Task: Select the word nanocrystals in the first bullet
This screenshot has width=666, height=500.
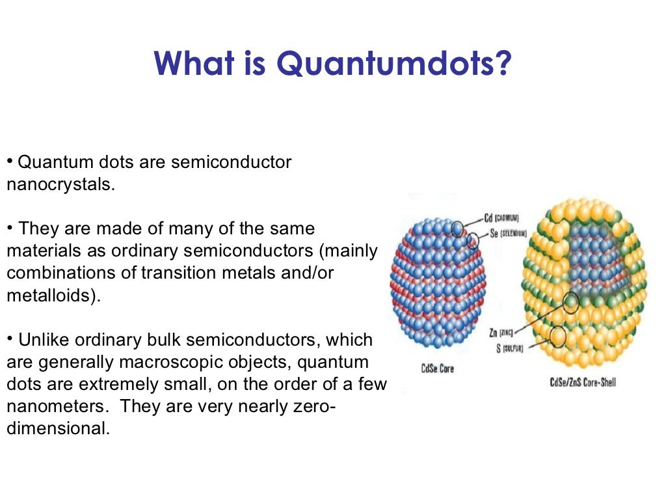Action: click(60, 184)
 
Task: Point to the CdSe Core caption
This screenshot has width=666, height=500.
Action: click(437, 369)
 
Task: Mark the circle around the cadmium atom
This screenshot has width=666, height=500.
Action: click(458, 229)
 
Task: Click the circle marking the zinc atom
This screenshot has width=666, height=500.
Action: click(570, 303)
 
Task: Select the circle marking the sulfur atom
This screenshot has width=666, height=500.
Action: click(557, 336)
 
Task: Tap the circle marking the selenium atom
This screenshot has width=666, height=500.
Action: click(473, 242)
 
